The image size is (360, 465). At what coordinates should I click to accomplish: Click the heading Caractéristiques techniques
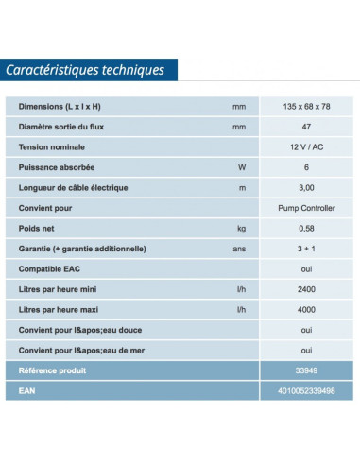[x=85, y=70]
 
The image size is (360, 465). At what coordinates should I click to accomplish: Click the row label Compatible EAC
[x=52, y=269]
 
